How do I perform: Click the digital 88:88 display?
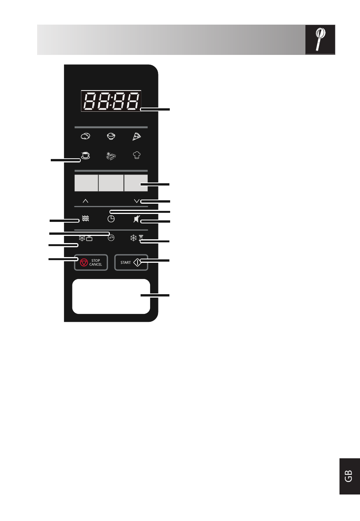(111, 101)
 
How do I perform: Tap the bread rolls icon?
(85, 136)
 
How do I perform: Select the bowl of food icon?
(111, 136)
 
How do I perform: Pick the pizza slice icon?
(136, 137)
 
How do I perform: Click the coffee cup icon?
(85, 155)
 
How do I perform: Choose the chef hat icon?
(136, 155)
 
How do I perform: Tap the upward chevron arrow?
(85, 201)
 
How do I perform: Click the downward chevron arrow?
(136, 201)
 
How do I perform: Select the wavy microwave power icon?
(85, 218)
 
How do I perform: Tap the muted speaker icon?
(136, 219)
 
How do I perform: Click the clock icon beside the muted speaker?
(111, 219)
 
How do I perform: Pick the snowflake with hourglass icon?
(136, 238)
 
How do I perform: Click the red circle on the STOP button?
(84, 262)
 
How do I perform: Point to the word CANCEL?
(95, 264)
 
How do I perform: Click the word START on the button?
(126, 262)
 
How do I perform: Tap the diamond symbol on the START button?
(138, 262)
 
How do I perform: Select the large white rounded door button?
(111, 296)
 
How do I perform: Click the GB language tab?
(349, 476)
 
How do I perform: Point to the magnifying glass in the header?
(320, 39)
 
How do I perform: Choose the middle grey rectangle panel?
(111, 183)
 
